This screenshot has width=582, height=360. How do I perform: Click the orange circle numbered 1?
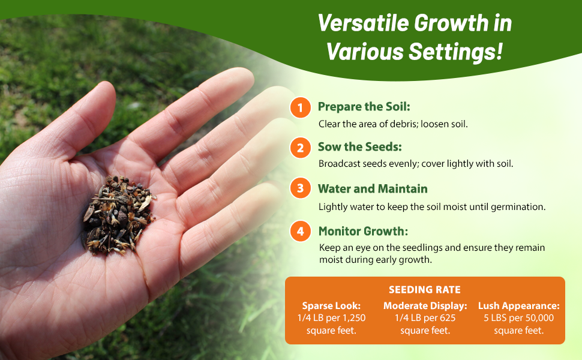coord(300,108)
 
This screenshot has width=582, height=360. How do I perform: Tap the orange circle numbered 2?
coord(300,148)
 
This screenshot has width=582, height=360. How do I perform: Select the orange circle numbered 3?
coord(300,189)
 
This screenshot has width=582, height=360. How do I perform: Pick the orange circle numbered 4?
coord(300,231)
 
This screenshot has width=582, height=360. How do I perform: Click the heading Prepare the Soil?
coord(364,107)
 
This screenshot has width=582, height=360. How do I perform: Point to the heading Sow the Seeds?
coord(359,147)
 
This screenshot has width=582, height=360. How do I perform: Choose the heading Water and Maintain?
coord(373,188)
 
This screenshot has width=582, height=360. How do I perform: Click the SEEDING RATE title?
coord(425,290)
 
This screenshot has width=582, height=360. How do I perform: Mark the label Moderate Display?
coord(425,305)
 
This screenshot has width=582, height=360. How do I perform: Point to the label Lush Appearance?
coord(518,305)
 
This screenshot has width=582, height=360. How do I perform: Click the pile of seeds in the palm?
coord(118,213)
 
